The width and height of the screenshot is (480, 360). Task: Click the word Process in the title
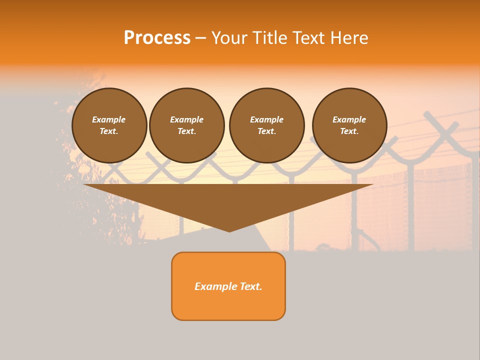pos(157,38)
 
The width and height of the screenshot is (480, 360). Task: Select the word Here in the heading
pos(349,38)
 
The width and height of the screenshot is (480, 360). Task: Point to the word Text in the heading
pos(308,38)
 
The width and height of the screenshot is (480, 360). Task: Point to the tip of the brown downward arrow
pos(229,231)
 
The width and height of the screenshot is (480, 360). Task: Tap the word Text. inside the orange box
pos(250,286)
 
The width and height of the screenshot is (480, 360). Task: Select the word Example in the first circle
pos(109,119)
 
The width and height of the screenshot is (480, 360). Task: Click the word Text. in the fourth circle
pos(349,131)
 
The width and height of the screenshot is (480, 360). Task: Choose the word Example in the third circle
pos(266,119)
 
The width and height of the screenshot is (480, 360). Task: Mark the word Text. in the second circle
pos(187,131)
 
